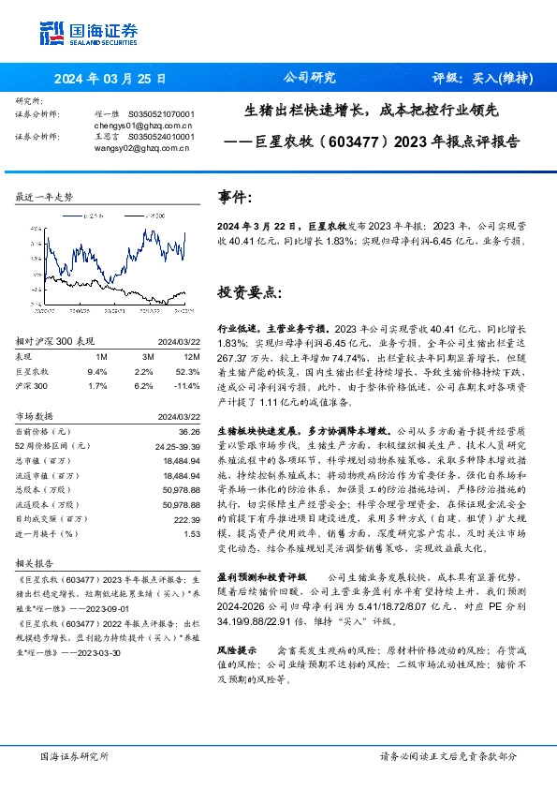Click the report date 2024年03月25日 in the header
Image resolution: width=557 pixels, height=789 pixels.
(110, 79)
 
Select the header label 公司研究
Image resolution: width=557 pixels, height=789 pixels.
(309, 78)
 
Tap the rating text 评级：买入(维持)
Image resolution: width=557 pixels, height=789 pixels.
(477, 78)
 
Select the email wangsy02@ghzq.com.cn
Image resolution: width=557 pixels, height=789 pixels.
(142, 147)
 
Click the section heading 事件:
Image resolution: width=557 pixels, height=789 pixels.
(235, 199)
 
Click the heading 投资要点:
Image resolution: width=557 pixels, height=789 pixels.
(249, 292)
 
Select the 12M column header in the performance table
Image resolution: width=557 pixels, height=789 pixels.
(192, 357)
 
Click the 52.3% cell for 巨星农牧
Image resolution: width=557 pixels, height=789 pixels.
(191, 371)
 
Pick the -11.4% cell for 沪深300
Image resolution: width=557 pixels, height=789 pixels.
(190, 384)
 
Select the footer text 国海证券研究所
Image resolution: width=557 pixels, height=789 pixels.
(74, 755)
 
